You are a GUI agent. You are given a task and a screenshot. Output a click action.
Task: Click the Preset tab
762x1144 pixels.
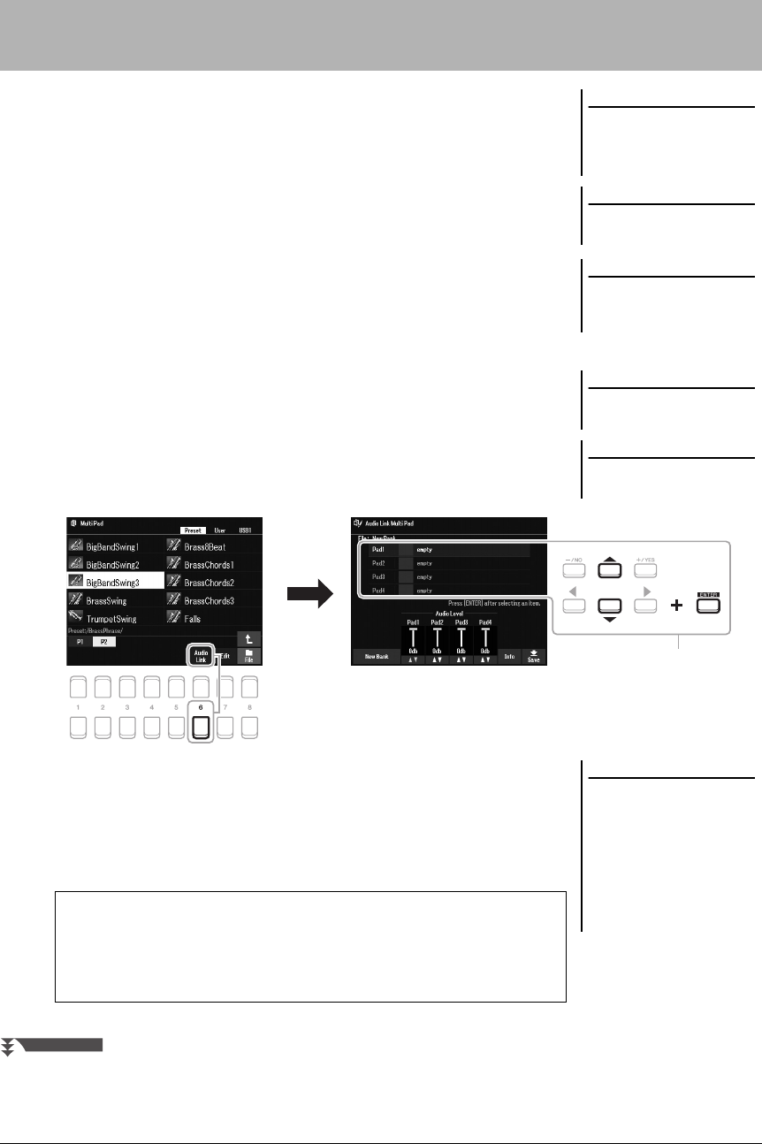coord(194,530)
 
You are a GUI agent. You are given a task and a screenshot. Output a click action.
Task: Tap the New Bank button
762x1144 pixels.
coord(375,657)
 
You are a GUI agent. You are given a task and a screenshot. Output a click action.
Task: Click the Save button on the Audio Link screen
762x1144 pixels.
coord(533,657)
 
